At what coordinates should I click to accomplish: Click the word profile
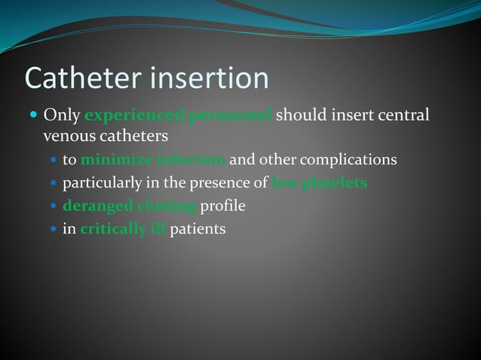223,206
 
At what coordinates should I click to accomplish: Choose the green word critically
112,229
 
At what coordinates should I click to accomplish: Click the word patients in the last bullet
198,229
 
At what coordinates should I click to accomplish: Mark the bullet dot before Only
33,116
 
